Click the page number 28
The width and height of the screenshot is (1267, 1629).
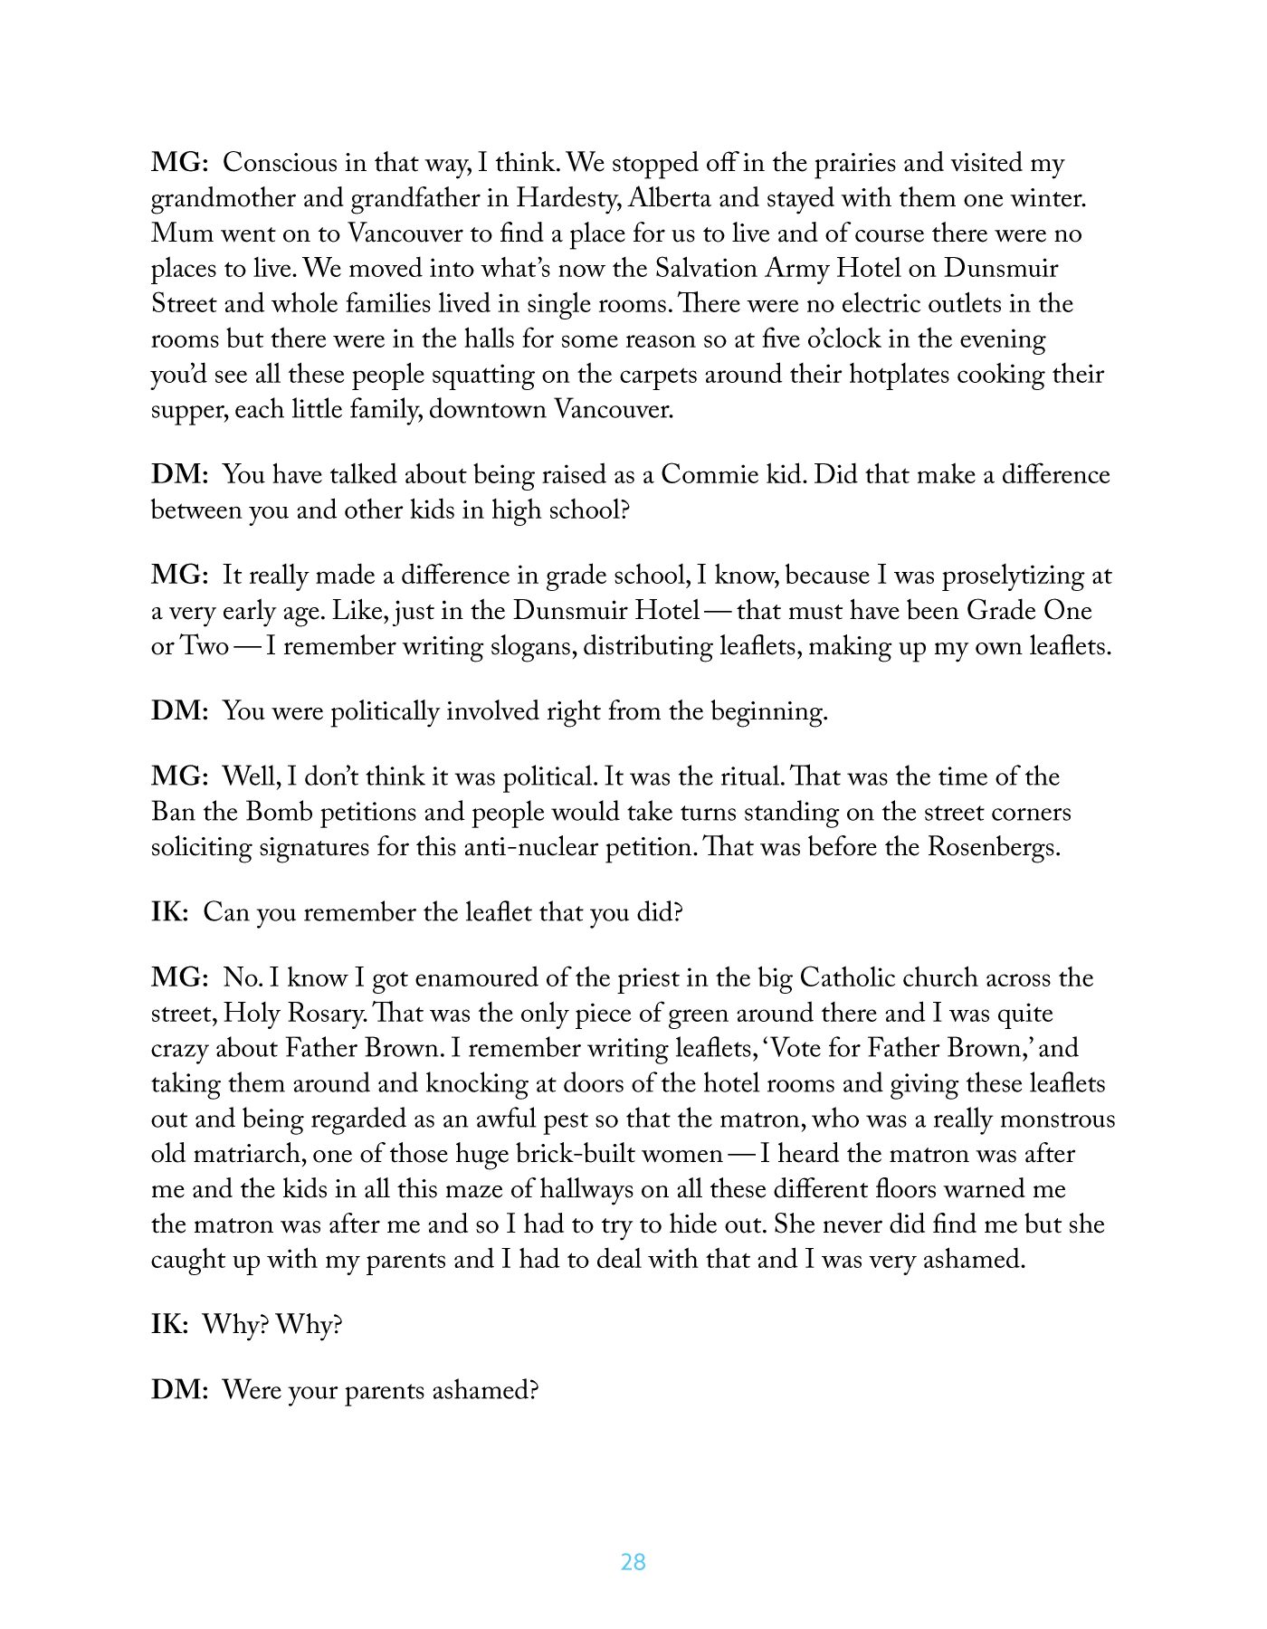[x=633, y=1561]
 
